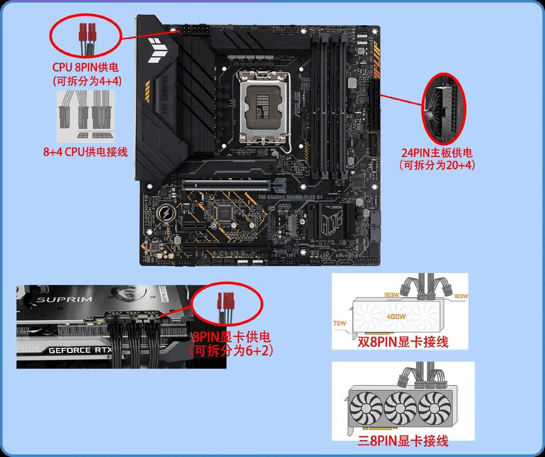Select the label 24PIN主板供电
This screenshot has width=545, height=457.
[438, 153]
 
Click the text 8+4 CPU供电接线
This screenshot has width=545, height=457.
[86, 152]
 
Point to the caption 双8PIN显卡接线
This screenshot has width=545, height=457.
[403, 342]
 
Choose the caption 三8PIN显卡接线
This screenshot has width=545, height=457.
[403, 440]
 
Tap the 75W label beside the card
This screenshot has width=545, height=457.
[340, 323]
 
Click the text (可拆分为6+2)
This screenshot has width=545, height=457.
[231, 350]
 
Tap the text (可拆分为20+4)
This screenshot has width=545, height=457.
[438, 165]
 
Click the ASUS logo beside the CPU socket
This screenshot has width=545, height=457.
[296, 105]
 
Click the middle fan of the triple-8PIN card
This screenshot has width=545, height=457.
[400, 408]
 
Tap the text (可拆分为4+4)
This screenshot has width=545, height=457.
[87, 81]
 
